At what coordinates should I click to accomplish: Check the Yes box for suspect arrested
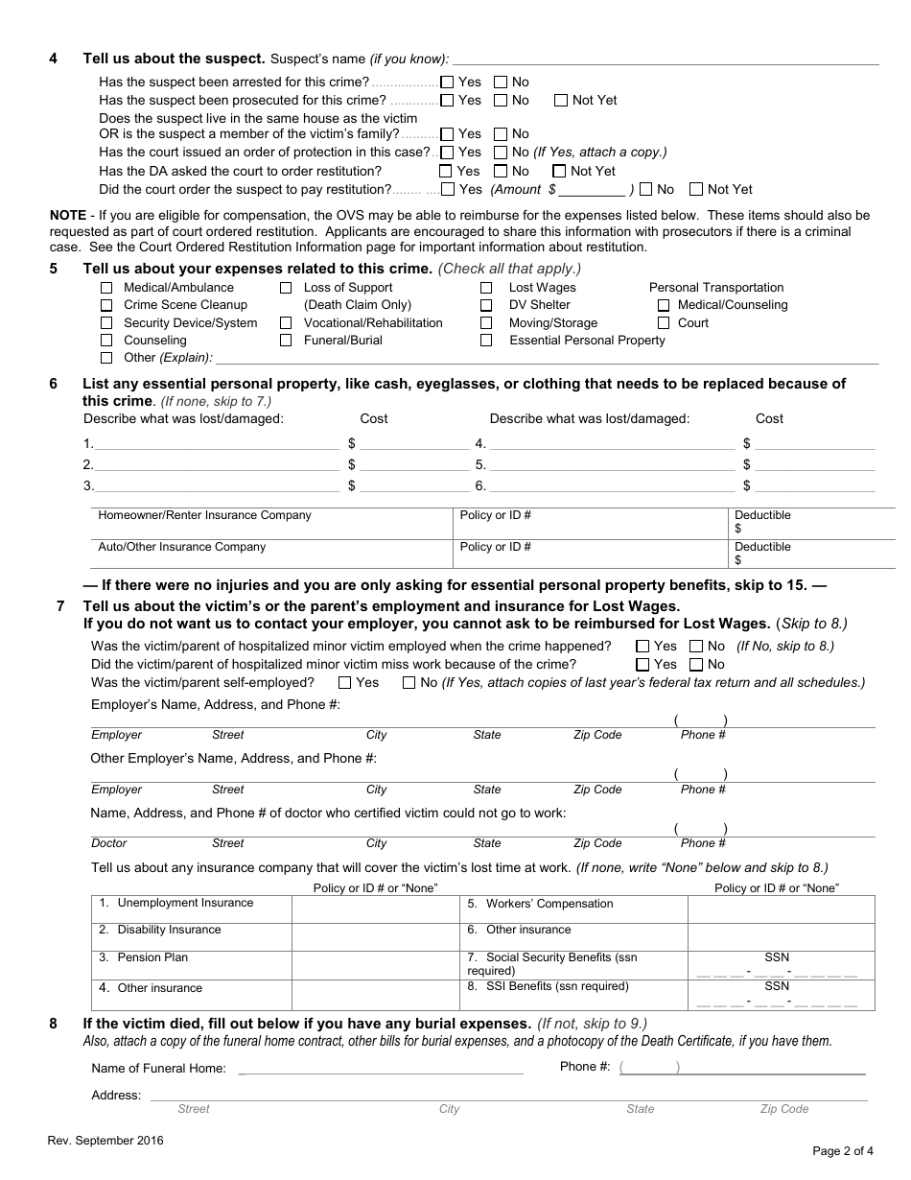point(447,83)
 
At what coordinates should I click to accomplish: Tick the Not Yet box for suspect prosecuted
point(561,101)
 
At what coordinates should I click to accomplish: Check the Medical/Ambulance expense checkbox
point(106,288)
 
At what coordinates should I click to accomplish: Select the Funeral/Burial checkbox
point(286,341)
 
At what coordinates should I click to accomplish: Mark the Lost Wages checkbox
point(486,288)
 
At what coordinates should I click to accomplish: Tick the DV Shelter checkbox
point(486,305)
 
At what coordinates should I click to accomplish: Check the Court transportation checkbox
point(664,323)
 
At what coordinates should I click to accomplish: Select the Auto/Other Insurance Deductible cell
point(802,554)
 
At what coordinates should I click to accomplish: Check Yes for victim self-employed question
point(344,683)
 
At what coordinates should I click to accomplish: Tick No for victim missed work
point(696,665)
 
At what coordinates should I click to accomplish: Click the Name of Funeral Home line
point(381,1068)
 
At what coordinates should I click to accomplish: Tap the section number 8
point(54,1024)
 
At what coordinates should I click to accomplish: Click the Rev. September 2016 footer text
point(105,1141)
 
